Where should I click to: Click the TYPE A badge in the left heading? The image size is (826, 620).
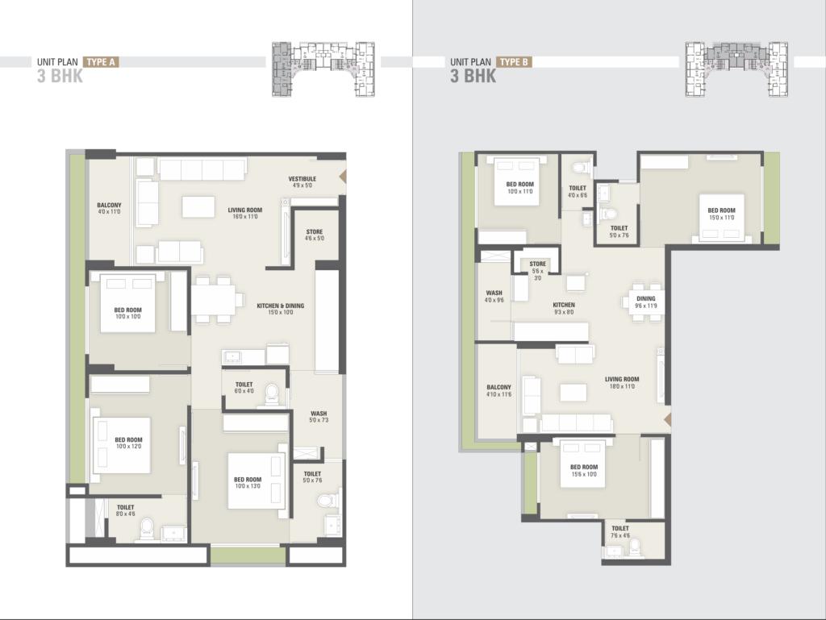pos(100,61)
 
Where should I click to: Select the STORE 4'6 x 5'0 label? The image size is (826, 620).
pos(314,235)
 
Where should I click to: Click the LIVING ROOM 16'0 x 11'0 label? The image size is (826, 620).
pos(244,214)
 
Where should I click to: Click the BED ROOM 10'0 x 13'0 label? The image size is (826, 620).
pos(248,483)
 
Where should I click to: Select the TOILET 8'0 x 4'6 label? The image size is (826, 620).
pos(125,511)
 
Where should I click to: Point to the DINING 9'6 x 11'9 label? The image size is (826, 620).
pos(645,302)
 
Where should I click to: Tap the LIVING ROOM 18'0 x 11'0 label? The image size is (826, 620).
pos(622,383)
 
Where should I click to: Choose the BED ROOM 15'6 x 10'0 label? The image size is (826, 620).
pos(584,471)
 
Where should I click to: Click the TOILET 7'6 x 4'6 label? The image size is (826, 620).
pos(620,532)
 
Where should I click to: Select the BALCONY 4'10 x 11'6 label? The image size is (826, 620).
pos(497,390)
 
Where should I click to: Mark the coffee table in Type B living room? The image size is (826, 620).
pos(574,393)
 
